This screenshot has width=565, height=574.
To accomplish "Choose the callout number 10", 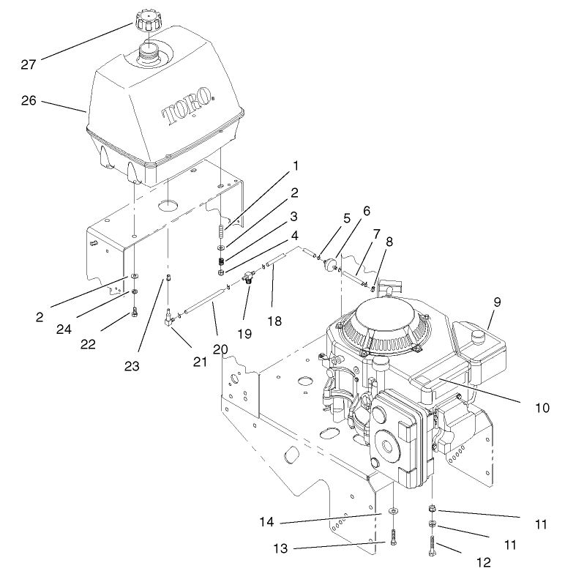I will [542, 407].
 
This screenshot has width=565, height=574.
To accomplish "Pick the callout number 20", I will [220, 349].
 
